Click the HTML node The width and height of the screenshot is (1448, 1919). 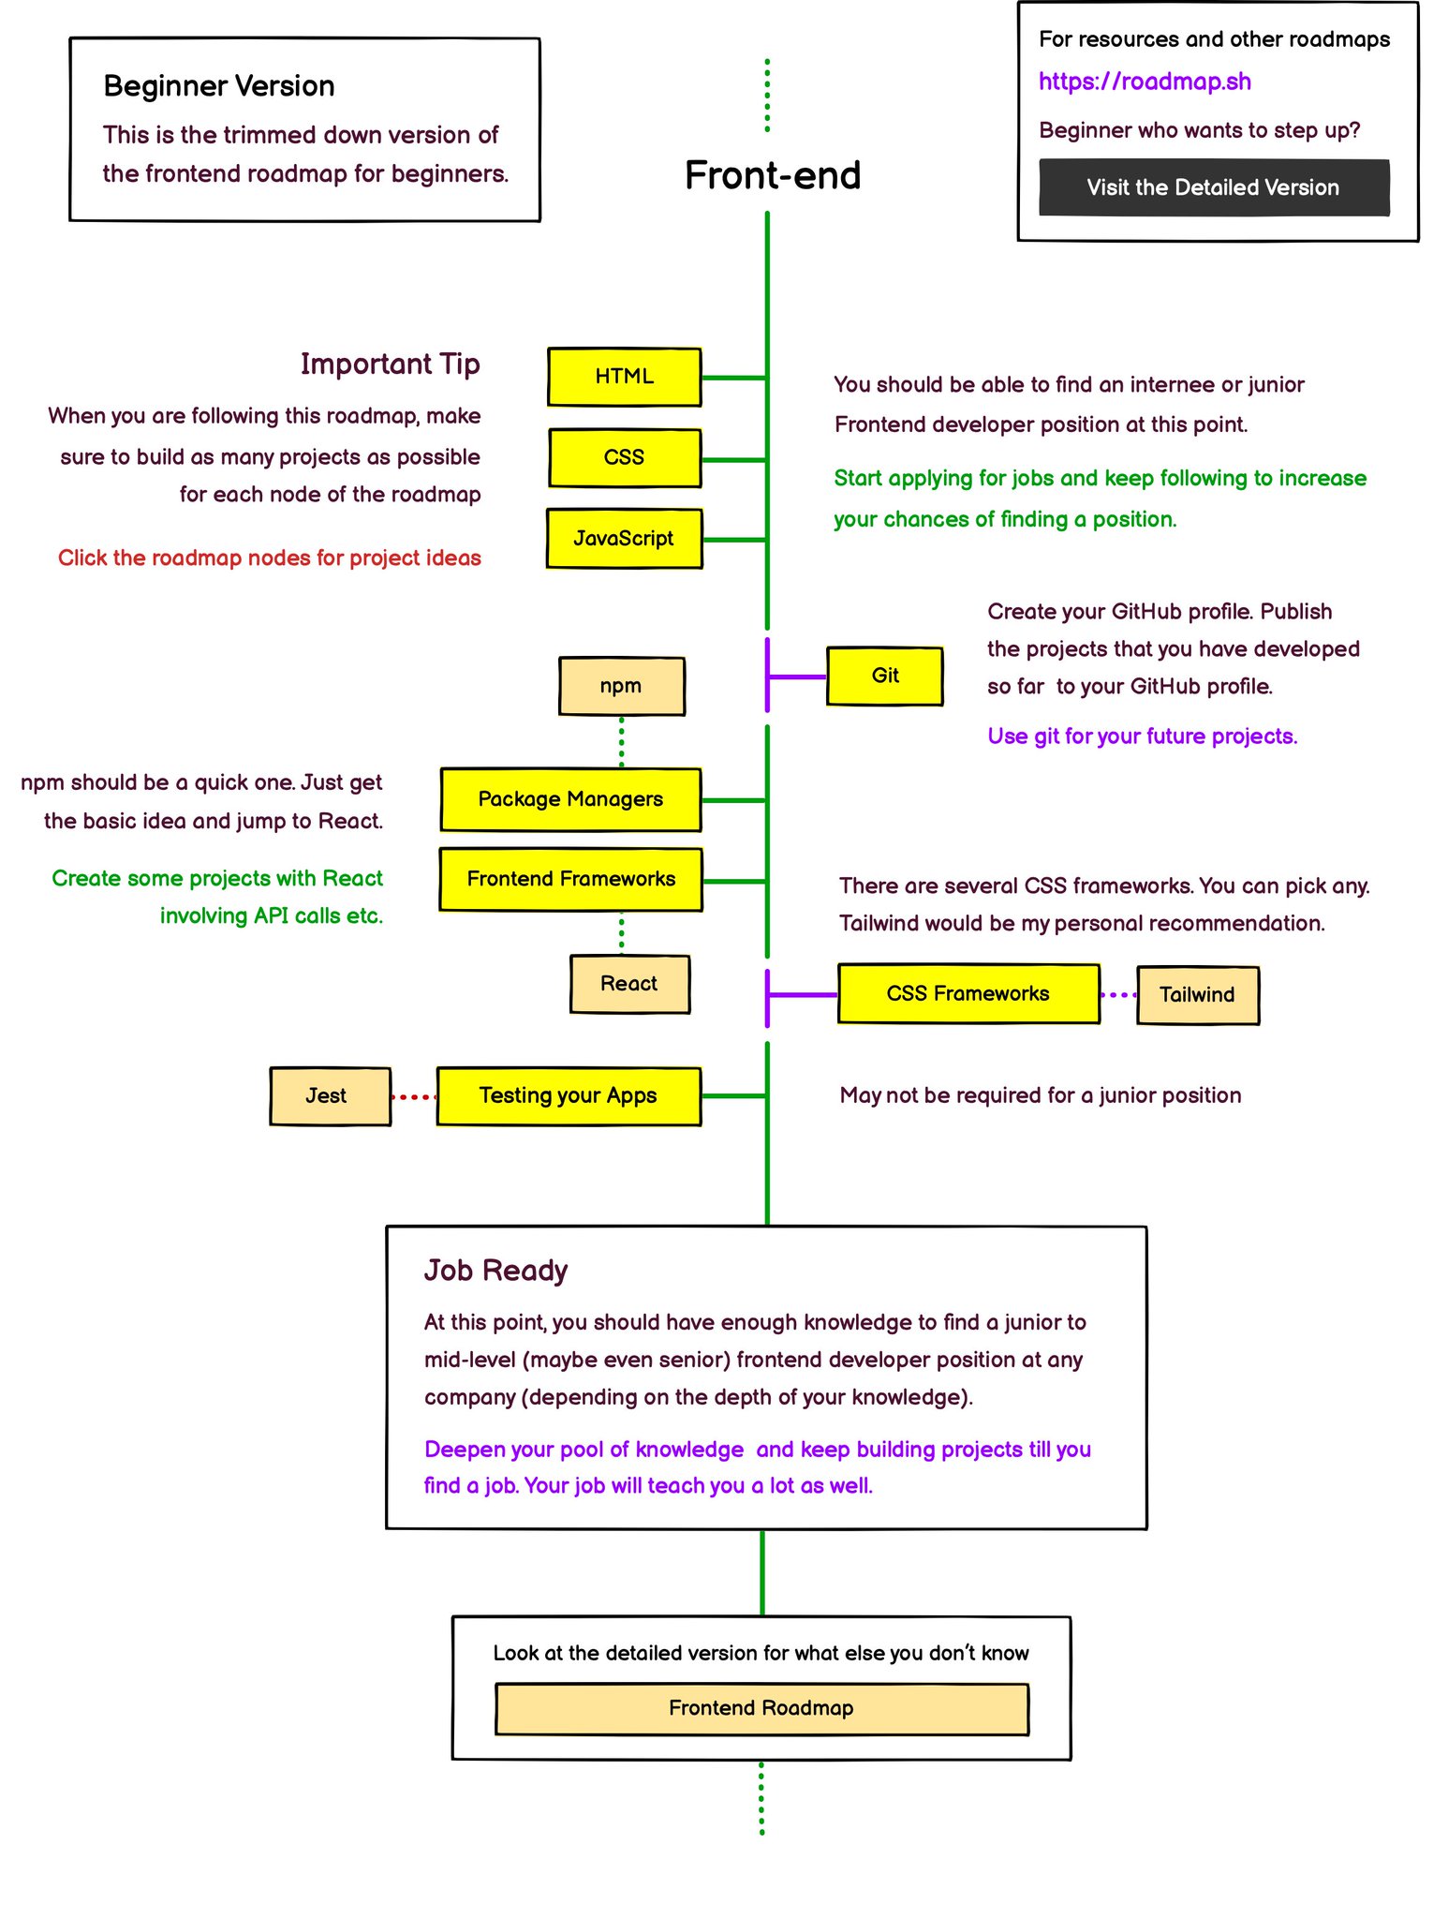pos(624,377)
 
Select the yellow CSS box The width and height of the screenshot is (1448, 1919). pos(624,457)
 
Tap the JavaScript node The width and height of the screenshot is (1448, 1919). pos(624,539)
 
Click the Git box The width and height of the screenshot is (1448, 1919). pos(884,676)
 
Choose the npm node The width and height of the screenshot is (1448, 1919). pos(621,686)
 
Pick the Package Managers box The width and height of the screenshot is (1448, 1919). pos(570,799)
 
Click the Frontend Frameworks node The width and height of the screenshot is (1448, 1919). pos(570,879)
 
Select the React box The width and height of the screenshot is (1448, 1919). pos(629,984)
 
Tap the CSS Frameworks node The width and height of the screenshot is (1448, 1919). pos(968,993)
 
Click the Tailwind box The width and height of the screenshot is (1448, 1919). pos(1197,995)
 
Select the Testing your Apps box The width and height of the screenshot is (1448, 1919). pos(569,1096)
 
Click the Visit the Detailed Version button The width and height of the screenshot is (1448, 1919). pos(1213,187)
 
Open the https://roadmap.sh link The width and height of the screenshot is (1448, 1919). pos(1145,82)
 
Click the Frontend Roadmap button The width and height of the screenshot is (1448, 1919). pos(761,1708)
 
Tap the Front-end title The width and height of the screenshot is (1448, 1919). pos(773,176)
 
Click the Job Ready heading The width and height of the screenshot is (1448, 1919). pos(495,1271)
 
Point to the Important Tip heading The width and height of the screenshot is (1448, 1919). pos(390,364)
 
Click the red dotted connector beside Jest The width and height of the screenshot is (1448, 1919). pos(413,1097)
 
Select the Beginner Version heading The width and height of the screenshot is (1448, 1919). pos(218,86)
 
